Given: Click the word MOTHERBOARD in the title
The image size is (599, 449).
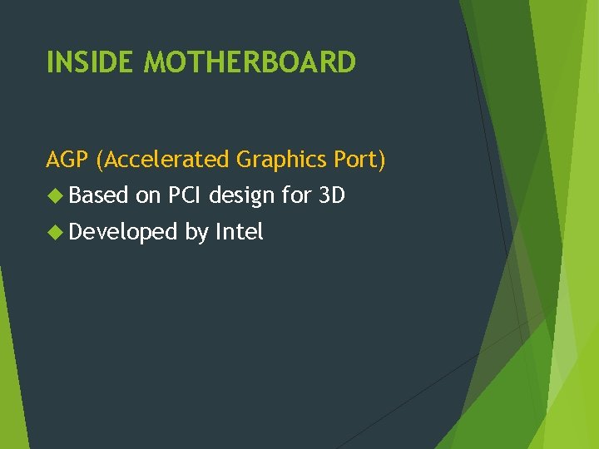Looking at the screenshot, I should [250, 62].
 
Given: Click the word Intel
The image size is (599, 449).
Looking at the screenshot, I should [240, 233].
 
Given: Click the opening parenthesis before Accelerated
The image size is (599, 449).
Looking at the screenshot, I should [101, 160].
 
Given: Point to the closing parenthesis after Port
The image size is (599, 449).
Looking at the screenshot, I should [382, 160].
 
